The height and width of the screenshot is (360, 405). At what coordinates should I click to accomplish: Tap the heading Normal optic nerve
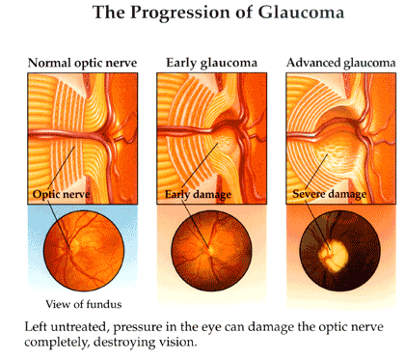pyautogui.click(x=84, y=65)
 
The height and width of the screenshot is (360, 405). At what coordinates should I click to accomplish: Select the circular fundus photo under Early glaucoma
pyautogui.click(x=207, y=248)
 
